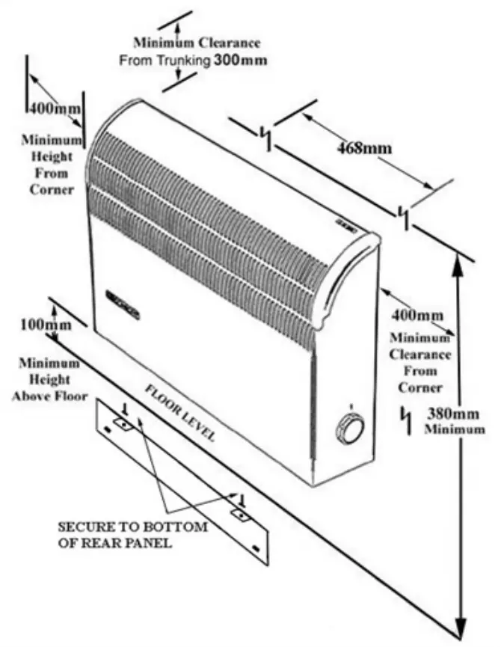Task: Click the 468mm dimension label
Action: click(365, 148)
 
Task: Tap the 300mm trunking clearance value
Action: click(240, 59)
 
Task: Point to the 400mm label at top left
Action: click(54, 108)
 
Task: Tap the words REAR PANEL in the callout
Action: click(135, 543)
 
